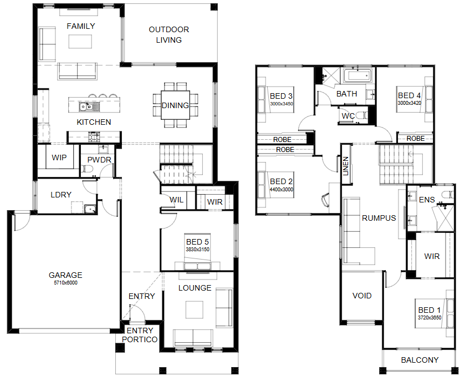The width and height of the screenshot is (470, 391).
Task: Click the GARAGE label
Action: click(65, 275)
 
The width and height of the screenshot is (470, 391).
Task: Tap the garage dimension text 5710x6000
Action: click(65, 283)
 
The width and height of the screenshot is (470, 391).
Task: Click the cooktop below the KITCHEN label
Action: click(94, 137)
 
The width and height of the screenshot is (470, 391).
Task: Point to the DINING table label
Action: click(175, 105)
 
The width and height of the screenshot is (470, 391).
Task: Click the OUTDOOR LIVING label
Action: click(169, 34)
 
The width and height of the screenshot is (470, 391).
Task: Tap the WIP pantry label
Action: click(59, 158)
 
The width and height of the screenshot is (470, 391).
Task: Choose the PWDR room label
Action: click(99, 160)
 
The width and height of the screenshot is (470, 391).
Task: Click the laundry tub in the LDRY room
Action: click(90, 209)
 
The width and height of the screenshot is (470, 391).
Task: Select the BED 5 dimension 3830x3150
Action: click(197, 250)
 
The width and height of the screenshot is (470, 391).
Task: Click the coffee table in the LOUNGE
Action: click(194, 309)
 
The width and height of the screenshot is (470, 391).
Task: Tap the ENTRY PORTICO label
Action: click(140, 335)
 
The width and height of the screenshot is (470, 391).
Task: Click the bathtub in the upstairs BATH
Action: click(357, 76)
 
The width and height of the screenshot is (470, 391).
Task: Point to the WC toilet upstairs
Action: click(361, 115)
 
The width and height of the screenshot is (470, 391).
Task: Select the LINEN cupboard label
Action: click(346, 166)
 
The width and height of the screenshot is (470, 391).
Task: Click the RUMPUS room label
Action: click(379, 218)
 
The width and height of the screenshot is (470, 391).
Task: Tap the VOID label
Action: click(362, 296)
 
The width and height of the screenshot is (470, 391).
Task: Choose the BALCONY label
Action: click(420, 360)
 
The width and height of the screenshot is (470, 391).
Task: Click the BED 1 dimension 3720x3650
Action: click(430, 318)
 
